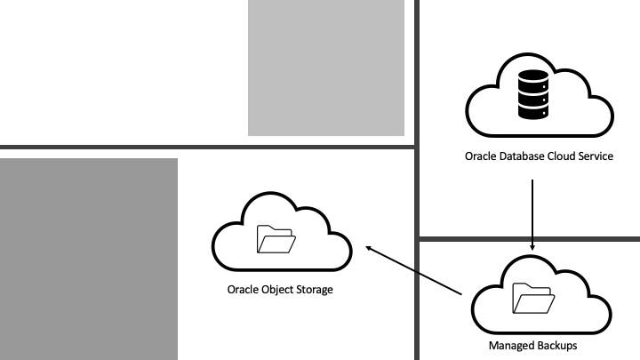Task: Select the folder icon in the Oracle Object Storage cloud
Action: (276, 240)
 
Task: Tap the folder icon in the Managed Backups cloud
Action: (531, 298)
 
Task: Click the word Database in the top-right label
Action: (526, 156)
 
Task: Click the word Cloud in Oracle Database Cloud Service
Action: (565, 156)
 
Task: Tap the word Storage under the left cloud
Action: (316, 290)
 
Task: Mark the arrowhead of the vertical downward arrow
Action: (532, 246)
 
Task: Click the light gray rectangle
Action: (325, 68)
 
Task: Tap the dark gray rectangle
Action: (89, 259)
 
